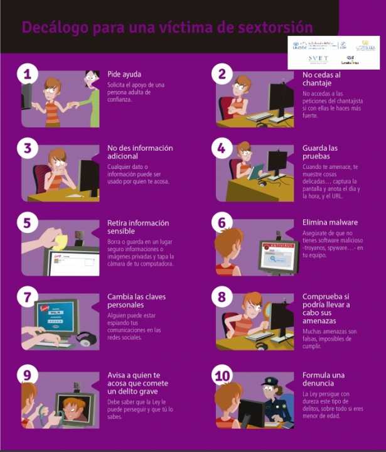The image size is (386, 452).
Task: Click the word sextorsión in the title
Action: click(x=274, y=27)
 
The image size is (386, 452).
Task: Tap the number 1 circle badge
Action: click(x=26, y=73)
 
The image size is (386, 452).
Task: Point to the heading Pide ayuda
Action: click(x=124, y=74)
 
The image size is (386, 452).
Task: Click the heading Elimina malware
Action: click(x=330, y=222)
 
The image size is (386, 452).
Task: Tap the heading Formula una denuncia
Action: click(x=326, y=379)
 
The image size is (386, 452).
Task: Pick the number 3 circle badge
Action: click(x=26, y=148)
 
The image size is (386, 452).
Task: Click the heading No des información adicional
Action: click(x=139, y=152)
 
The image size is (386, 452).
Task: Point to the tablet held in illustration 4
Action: click(x=255, y=171)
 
